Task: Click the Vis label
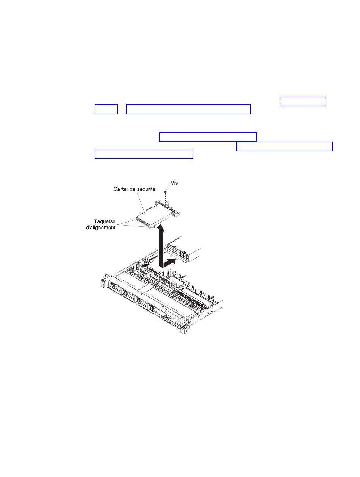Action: click(174, 183)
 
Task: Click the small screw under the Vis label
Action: click(165, 192)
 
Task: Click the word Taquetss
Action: click(105, 221)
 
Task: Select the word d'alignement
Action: click(101, 228)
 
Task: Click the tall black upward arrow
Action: click(161, 246)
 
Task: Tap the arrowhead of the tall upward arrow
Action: click(161, 228)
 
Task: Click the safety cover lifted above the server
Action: click(157, 215)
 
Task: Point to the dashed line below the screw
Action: click(165, 200)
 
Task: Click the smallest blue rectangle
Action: click(106, 109)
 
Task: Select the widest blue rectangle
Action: click(188, 109)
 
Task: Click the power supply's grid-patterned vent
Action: click(177, 251)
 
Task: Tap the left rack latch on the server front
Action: click(104, 281)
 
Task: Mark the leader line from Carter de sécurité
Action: click(141, 203)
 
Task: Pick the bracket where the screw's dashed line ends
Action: click(167, 204)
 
